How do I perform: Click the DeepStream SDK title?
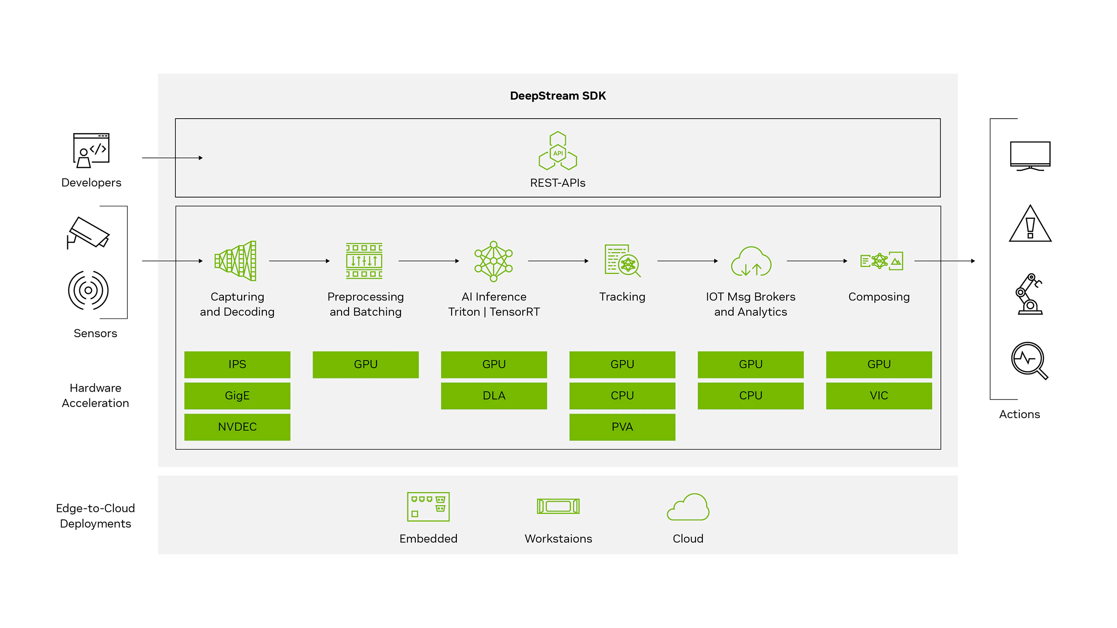558,96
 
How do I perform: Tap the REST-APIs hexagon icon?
558,151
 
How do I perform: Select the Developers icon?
91,150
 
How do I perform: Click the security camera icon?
88,232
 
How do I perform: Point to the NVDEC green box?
237,427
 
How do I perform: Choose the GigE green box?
237,396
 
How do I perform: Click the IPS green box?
237,364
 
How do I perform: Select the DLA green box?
493,396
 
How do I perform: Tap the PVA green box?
622,427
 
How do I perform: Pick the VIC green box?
879,396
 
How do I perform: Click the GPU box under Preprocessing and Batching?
365,364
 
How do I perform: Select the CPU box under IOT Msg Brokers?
750,396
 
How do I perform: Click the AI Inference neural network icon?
493,261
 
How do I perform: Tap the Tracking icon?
622,261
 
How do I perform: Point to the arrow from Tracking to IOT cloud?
687,261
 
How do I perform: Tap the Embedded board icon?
428,507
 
